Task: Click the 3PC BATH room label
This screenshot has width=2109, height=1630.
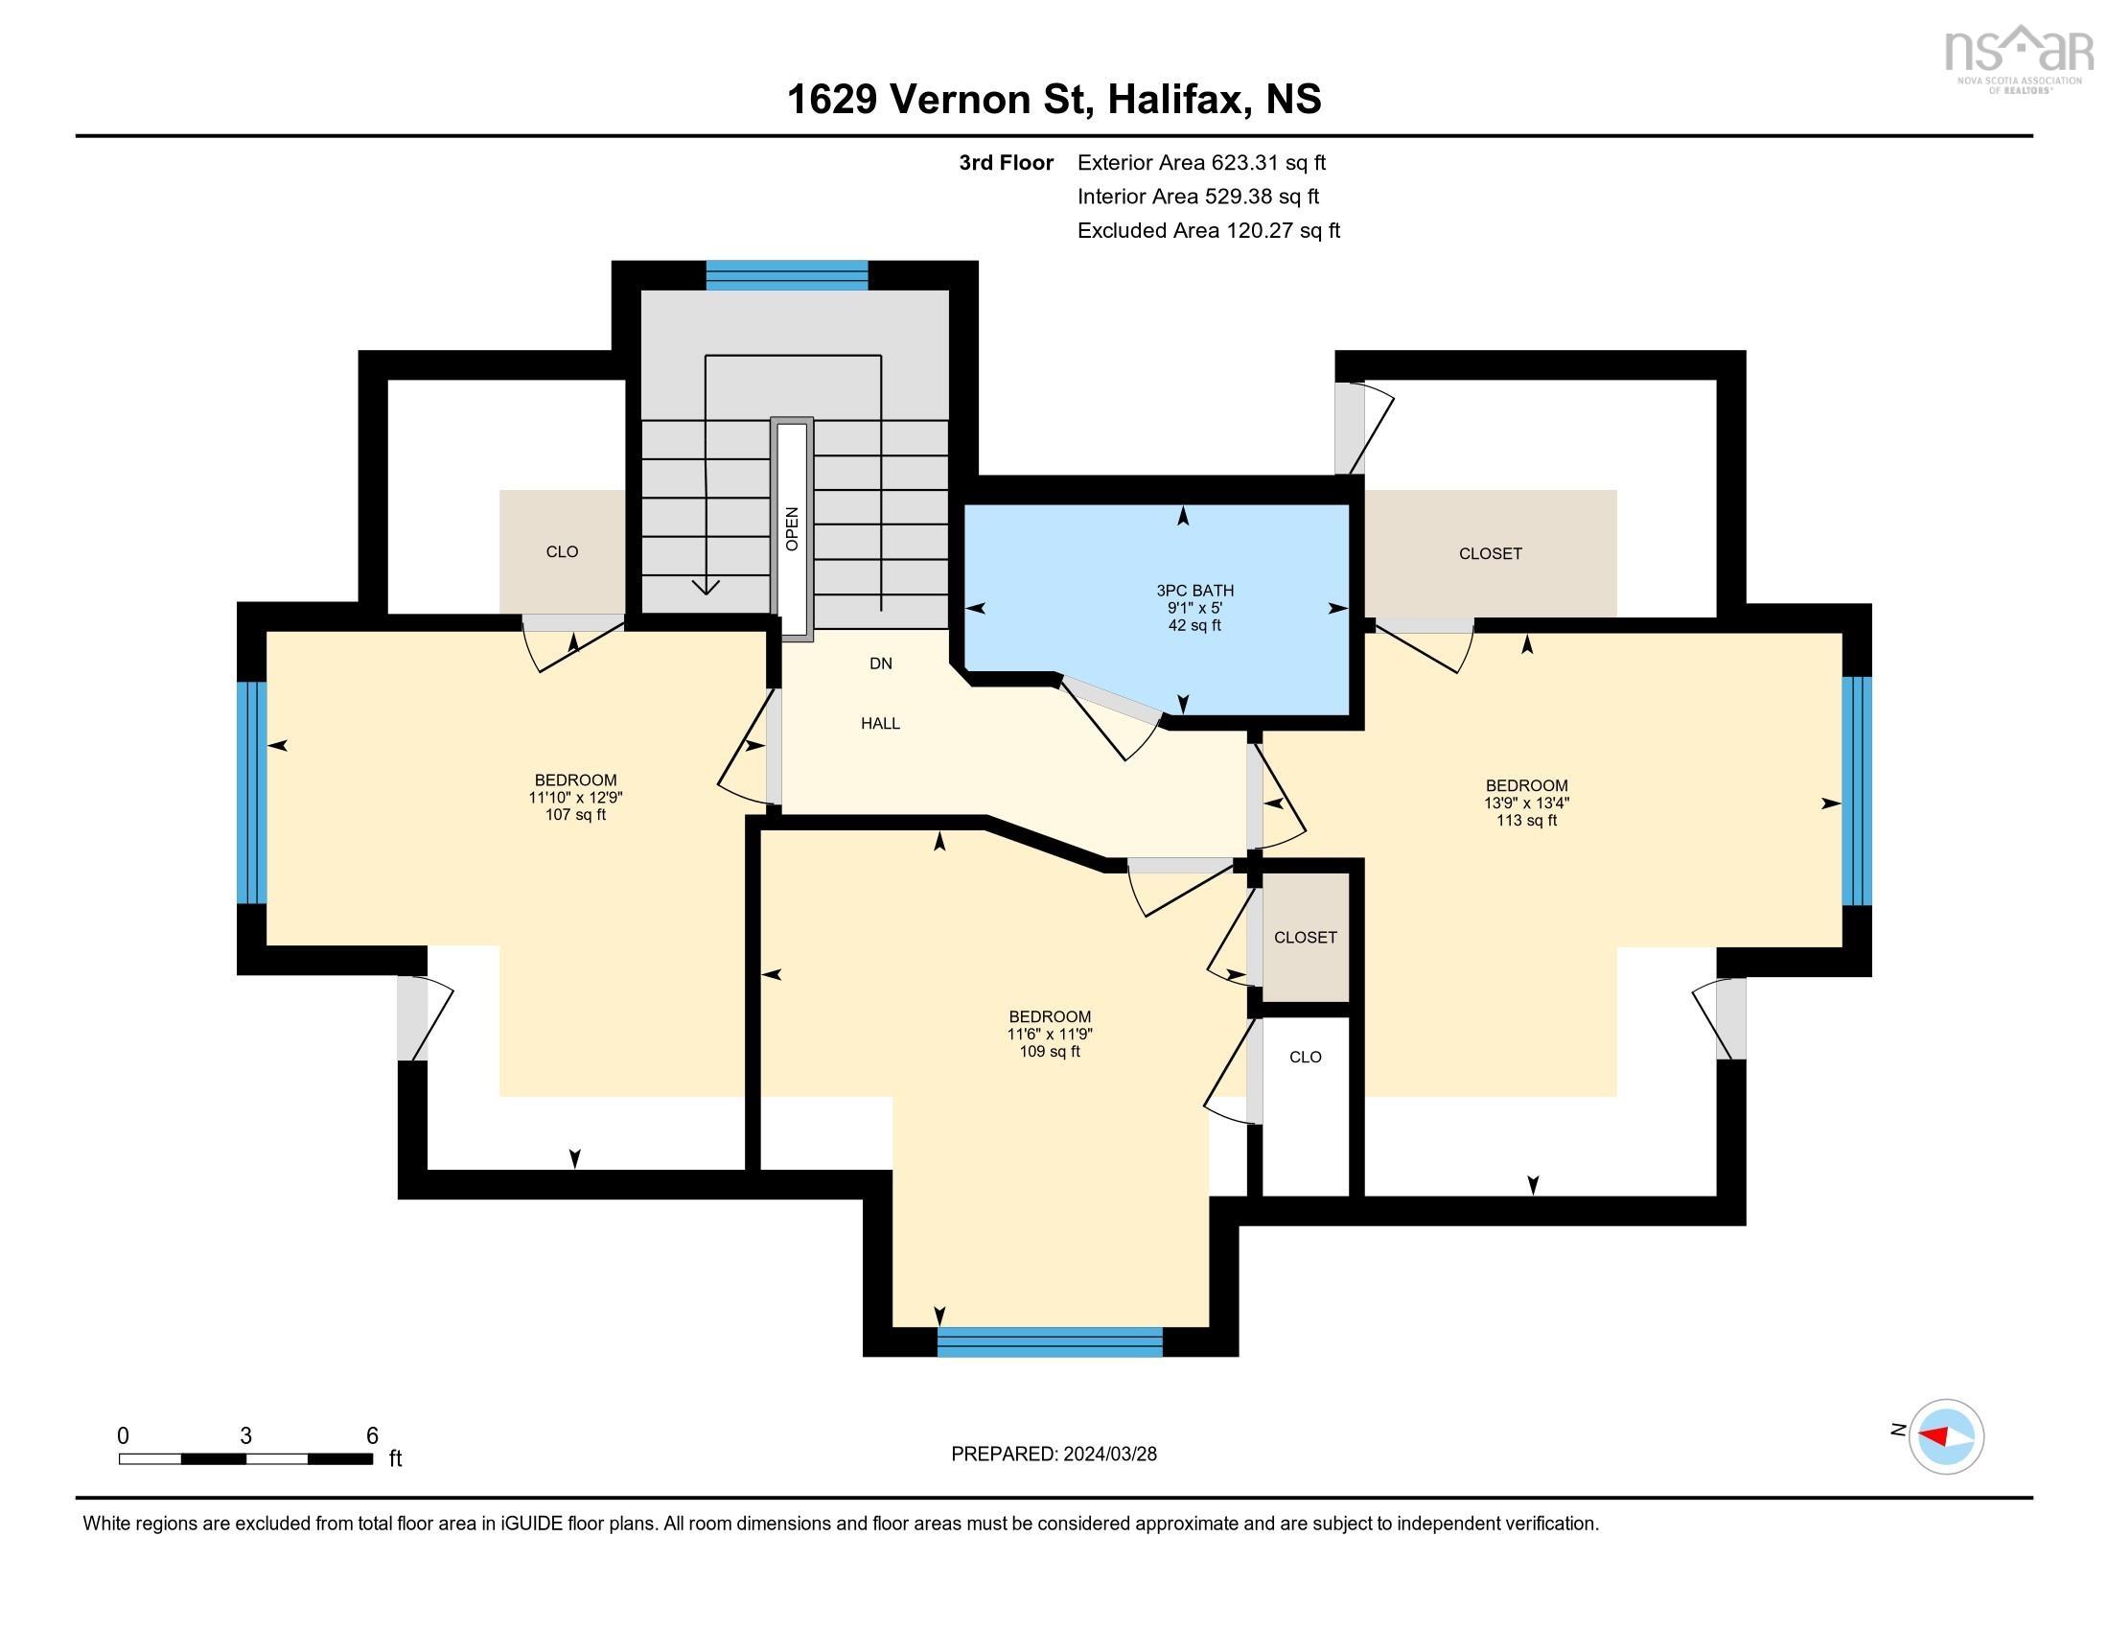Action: pyautogui.click(x=1194, y=607)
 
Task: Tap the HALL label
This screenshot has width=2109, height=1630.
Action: pyautogui.click(x=880, y=723)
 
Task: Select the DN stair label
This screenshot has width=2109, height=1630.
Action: pyautogui.click(x=880, y=664)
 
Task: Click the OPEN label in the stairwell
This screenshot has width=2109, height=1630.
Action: pyautogui.click(x=792, y=529)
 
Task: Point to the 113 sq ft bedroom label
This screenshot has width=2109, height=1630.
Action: pyautogui.click(x=1526, y=803)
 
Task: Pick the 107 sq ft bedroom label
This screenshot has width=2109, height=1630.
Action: pyautogui.click(x=575, y=797)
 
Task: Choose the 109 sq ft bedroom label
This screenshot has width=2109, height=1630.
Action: pyautogui.click(x=1050, y=1034)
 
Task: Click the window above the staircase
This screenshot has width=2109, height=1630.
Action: pyautogui.click(x=787, y=275)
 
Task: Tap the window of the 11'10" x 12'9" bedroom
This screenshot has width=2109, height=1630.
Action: pyautogui.click(x=251, y=793)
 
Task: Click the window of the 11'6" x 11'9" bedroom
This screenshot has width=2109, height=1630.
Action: pyautogui.click(x=1050, y=1342)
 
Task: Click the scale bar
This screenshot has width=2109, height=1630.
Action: pyautogui.click(x=246, y=1458)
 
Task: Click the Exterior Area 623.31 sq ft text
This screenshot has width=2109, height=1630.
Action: pyautogui.click(x=1201, y=162)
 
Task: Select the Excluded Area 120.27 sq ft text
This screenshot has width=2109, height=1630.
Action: pyautogui.click(x=1208, y=230)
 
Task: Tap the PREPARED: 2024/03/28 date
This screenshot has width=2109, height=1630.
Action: pyautogui.click(x=1054, y=1455)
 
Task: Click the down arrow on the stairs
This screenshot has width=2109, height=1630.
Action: pyautogui.click(x=706, y=585)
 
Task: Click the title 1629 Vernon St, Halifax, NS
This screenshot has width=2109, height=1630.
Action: pyautogui.click(x=1054, y=99)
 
